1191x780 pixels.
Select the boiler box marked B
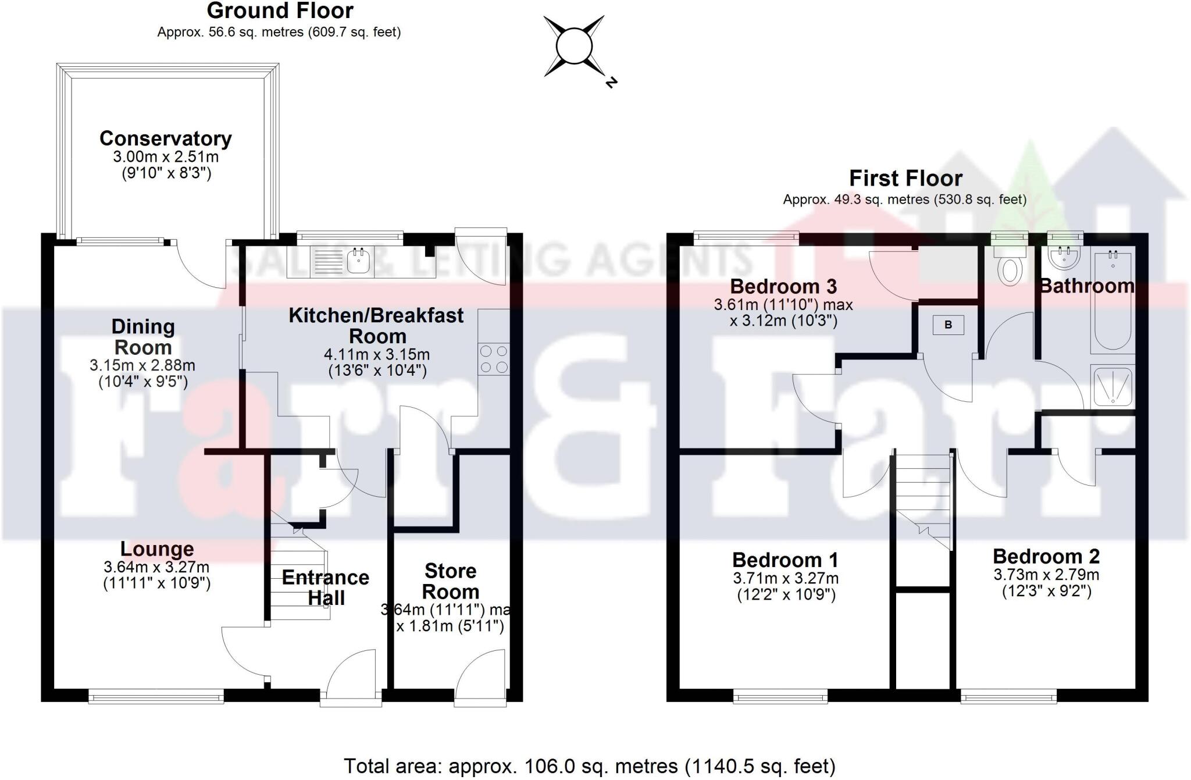point(948,325)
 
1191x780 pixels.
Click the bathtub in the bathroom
point(1112,301)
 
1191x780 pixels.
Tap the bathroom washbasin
point(1064,258)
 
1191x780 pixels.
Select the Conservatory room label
point(166,138)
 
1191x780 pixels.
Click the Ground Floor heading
point(280,10)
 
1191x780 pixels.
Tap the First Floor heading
point(905,178)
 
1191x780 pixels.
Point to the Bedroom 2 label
point(1046,557)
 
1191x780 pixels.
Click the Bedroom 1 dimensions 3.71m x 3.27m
point(786,578)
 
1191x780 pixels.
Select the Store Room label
point(451,581)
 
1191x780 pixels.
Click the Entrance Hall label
point(326,587)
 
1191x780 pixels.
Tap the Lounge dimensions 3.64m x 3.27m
point(156,567)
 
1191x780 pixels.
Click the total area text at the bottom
point(589,766)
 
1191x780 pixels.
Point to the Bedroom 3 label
point(783,286)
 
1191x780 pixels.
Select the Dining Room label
point(143,337)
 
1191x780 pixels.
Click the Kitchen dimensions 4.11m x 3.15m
point(377,354)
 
